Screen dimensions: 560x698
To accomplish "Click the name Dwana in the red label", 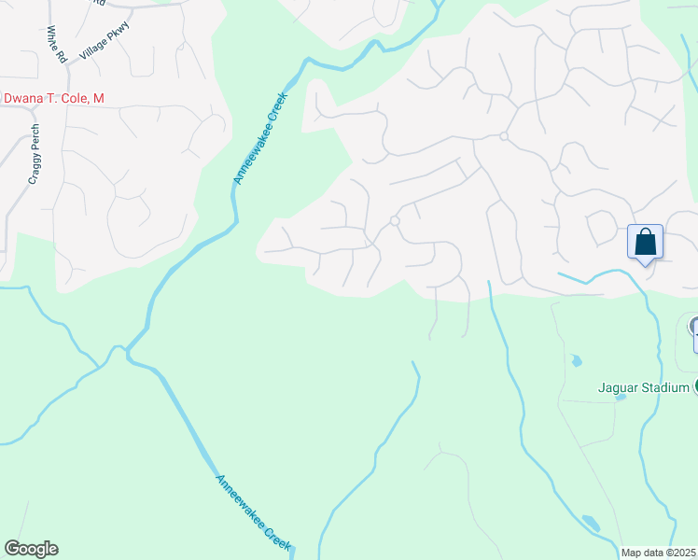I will pos(26,97).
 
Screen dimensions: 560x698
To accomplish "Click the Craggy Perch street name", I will pos(34,154).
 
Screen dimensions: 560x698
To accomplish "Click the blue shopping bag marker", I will pos(645,243).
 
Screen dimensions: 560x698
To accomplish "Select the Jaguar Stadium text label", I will pos(644,387).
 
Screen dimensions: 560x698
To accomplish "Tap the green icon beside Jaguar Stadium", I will pos(695,386).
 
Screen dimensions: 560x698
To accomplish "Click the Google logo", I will pos(31,549).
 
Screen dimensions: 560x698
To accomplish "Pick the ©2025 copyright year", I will pos(684,552).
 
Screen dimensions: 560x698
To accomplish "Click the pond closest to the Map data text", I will pos(590,523).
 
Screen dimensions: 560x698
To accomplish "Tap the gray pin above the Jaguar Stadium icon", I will pos(694,329).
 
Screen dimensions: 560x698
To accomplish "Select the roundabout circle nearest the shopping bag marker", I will pos(503,137).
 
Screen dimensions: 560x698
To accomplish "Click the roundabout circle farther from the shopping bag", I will pos(395,221).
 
